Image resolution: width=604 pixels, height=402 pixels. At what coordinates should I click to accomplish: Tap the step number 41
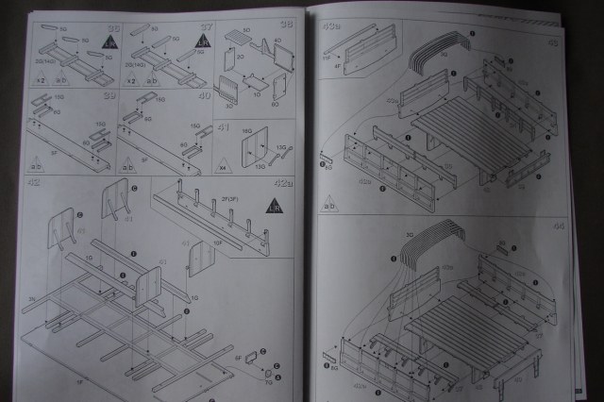point(223,126)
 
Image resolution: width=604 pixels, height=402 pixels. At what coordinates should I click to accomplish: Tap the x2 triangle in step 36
point(41,78)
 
